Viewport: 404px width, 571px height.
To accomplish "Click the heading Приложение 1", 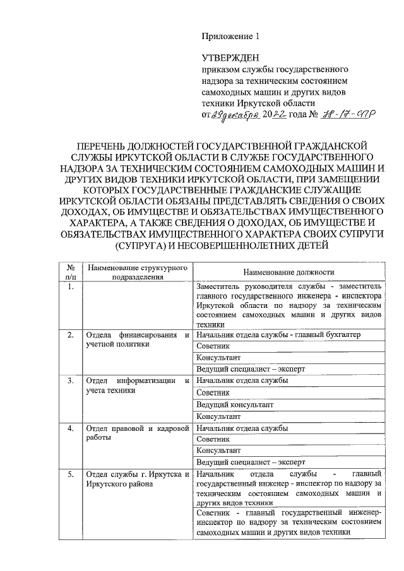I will (230, 37).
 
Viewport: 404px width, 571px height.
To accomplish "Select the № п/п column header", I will (71, 271).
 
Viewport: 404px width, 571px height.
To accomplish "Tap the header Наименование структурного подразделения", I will (136, 271).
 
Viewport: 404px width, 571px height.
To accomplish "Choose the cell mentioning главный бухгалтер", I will (278, 334).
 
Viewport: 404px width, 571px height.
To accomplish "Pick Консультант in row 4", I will (218, 450).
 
